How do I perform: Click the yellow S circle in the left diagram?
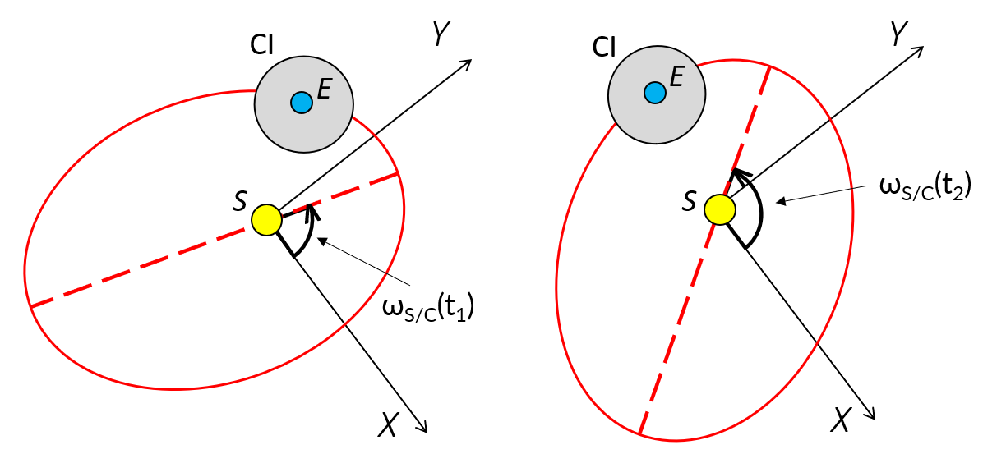coord(266,220)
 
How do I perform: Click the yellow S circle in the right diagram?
coord(719,209)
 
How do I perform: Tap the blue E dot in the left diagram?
coord(301,103)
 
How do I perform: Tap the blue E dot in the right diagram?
coord(654,93)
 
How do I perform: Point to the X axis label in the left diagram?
coord(390,423)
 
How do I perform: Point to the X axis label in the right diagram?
coord(839,420)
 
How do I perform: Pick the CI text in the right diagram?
coord(604,47)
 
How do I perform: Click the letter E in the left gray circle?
coord(324,90)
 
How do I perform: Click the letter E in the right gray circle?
coord(677,77)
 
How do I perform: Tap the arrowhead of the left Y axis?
coord(467,64)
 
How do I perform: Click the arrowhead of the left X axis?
coord(423,426)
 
